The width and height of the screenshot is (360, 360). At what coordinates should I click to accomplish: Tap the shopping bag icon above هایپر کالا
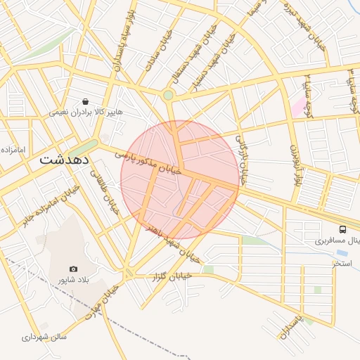click(85, 101)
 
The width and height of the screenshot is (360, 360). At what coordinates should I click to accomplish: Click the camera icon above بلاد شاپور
click(74, 269)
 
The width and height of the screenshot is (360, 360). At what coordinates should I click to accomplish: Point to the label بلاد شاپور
click(74, 280)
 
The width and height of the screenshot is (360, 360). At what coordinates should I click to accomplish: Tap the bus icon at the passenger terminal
click(342, 229)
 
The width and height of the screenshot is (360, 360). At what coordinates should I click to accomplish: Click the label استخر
click(342, 263)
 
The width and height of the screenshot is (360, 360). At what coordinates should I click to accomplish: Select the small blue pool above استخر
click(342, 252)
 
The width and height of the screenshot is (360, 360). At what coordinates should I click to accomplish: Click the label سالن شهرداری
click(44, 337)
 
